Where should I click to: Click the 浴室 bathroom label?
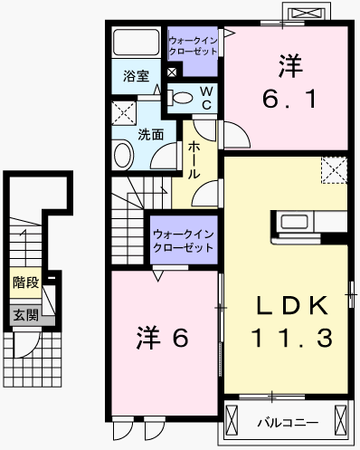pyautogui.click(x=136, y=76)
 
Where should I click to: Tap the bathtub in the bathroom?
pyautogui.click(x=136, y=42)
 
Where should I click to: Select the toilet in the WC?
pyautogui.click(x=180, y=98)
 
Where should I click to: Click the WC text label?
pyautogui.click(x=207, y=98)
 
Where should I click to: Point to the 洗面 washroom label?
pyautogui.click(x=151, y=135)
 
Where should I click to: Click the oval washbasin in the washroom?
pyautogui.click(x=123, y=155)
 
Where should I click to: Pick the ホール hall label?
pyautogui.click(x=194, y=160)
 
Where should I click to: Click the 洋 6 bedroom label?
pyautogui.click(x=162, y=338)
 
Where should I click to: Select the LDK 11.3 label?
pyautogui.click(x=292, y=321)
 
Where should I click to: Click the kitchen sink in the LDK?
pyautogui.click(x=294, y=222)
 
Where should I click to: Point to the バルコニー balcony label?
pyautogui.click(x=288, y=423)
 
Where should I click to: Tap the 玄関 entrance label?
pyautogui.click(x=26, y=315)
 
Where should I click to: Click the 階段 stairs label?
pyautogui.click(x=26, y=282)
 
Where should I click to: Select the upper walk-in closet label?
pyautogui.click(x=193, y=46)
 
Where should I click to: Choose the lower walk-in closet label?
pyautogui.click(x=184, y=241)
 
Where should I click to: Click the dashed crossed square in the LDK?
pyautogui.click(x=334, y=170)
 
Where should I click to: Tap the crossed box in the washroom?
pyautogui.click(x=124, y=113)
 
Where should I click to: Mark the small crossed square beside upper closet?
pyautogui.click(x=172, y=72)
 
